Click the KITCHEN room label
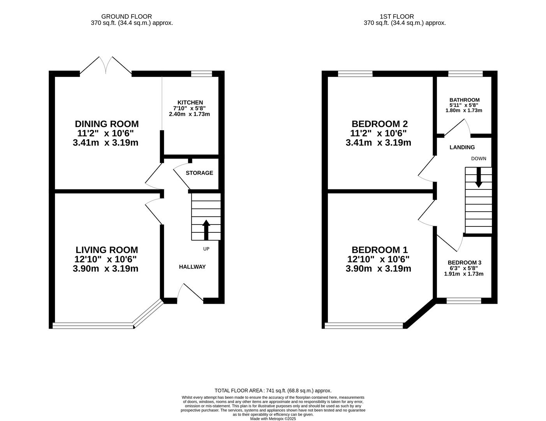190,103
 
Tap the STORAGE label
199,173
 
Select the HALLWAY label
192,267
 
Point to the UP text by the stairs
206,249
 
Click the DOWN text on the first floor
479,159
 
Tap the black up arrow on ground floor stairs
206,230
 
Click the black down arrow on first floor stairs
479,177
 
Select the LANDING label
462,147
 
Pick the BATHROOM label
465,100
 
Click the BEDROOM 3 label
464,263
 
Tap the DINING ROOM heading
107,124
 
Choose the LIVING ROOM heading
107,250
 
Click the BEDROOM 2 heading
380,124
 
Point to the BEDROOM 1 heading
380,250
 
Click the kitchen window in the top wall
201,74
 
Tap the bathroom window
466,74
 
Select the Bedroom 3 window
464,301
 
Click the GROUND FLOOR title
127,17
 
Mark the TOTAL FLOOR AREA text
273,391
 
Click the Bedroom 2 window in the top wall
355,74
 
